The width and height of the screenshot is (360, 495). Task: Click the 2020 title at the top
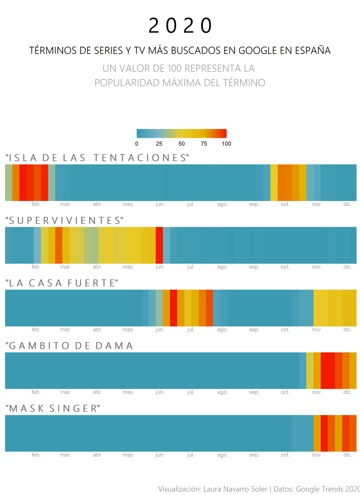pyautogui.click(x=180, y=26)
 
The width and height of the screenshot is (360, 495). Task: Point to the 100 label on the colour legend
pyautogui.click(x=226, y=144)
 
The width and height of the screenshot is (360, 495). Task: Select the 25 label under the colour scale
pyautogui.click(x=159, y=144)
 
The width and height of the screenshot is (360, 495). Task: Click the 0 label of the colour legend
pyautogui.click(x=137, y=144)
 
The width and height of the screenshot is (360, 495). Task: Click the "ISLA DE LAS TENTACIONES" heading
pyautogui.click(x=97, y=158)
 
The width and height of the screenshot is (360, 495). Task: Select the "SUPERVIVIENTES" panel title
pyautogui.click(x=64, y=220)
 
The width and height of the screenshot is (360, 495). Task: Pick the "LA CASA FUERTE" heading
pyautogui.click(x=62, y=283)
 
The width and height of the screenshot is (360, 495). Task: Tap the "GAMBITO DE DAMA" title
pyautogui.click(x=69, y=346)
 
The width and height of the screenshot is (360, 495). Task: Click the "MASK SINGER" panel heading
pyautogui.click(x=53, y=408)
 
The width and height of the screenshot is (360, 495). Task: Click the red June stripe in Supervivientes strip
pyautogui.click(x=159, y=245)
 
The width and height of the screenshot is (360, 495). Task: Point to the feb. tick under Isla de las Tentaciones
pyautogui.click(x=36, y=204)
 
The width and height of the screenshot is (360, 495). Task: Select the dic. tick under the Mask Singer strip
pyautogui.click(x=348, y=455)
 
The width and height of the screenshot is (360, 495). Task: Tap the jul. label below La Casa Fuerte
pyautogui.click(x=191, y=330)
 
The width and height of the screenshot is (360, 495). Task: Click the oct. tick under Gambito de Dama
pyautogui.click(x=285, y=392)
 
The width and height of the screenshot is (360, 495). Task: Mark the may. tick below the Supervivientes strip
pyautogui.click(x=128, y=267)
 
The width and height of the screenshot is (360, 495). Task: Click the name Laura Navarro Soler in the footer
pyautogui.click(x=235, y=489)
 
